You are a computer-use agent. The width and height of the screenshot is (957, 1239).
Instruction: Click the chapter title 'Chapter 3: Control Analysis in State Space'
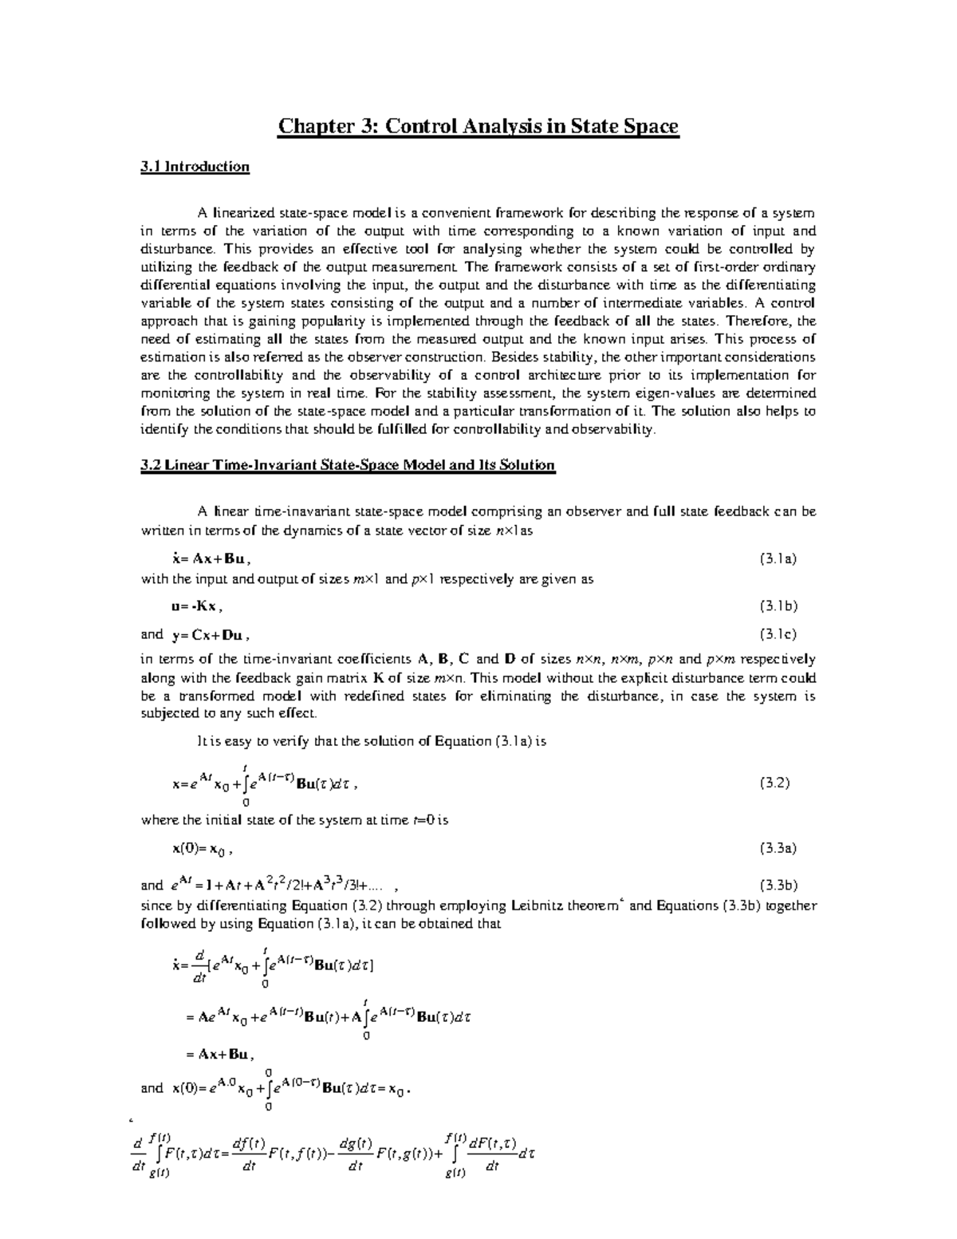478,126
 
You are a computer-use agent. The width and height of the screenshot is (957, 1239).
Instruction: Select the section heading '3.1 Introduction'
195,167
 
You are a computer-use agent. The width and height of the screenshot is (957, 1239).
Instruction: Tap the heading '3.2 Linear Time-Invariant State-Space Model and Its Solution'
347,464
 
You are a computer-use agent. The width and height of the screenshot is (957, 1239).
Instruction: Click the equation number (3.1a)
778,559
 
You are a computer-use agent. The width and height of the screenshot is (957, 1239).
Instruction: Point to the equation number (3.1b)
778,606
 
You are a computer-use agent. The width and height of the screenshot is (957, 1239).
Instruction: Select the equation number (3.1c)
778,635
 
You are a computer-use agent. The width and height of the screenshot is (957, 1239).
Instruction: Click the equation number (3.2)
774,783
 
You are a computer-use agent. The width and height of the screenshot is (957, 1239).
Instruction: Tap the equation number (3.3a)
778,848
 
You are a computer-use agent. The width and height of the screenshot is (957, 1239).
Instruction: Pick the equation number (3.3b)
778,885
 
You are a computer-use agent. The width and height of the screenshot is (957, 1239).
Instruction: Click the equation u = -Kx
197,606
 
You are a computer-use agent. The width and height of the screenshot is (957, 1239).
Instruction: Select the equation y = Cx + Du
210,636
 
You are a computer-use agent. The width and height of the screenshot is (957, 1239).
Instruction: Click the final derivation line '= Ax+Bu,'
219,1055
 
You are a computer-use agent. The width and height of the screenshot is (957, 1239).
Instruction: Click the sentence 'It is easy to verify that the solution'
307,741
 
